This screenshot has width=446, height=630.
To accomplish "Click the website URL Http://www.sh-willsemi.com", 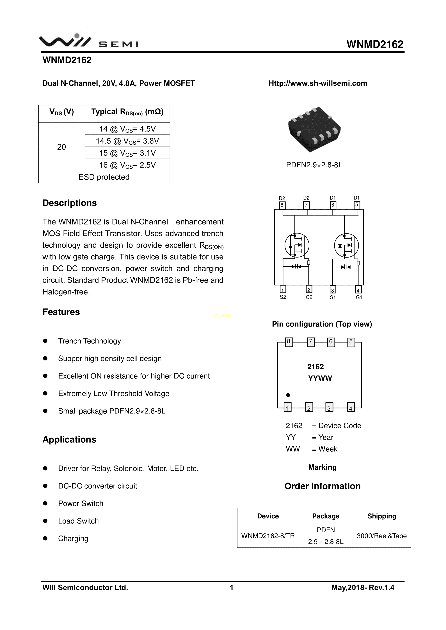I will pyautogui.click(x=318, y=83).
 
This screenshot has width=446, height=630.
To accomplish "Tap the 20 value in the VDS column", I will pyautogui.click(x=61, y=147).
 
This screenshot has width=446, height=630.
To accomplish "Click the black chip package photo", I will pyautogui.click(x=314, y=129).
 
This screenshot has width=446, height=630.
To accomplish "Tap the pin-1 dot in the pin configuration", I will pyautogui.click(x=288, y=395).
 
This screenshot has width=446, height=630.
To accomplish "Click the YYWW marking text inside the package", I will pyautogui.click(x=320, y=378).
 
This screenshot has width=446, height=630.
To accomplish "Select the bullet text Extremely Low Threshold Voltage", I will pyautogui.click(x=114, y=393).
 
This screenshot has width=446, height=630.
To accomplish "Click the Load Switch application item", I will pyautogui.click(x=78, y=521).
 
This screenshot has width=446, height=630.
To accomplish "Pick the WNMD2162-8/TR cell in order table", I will pyautogui.click(x=268, y=536).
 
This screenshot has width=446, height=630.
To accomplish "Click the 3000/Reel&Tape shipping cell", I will pyautogui.click(x=381, y=536).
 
